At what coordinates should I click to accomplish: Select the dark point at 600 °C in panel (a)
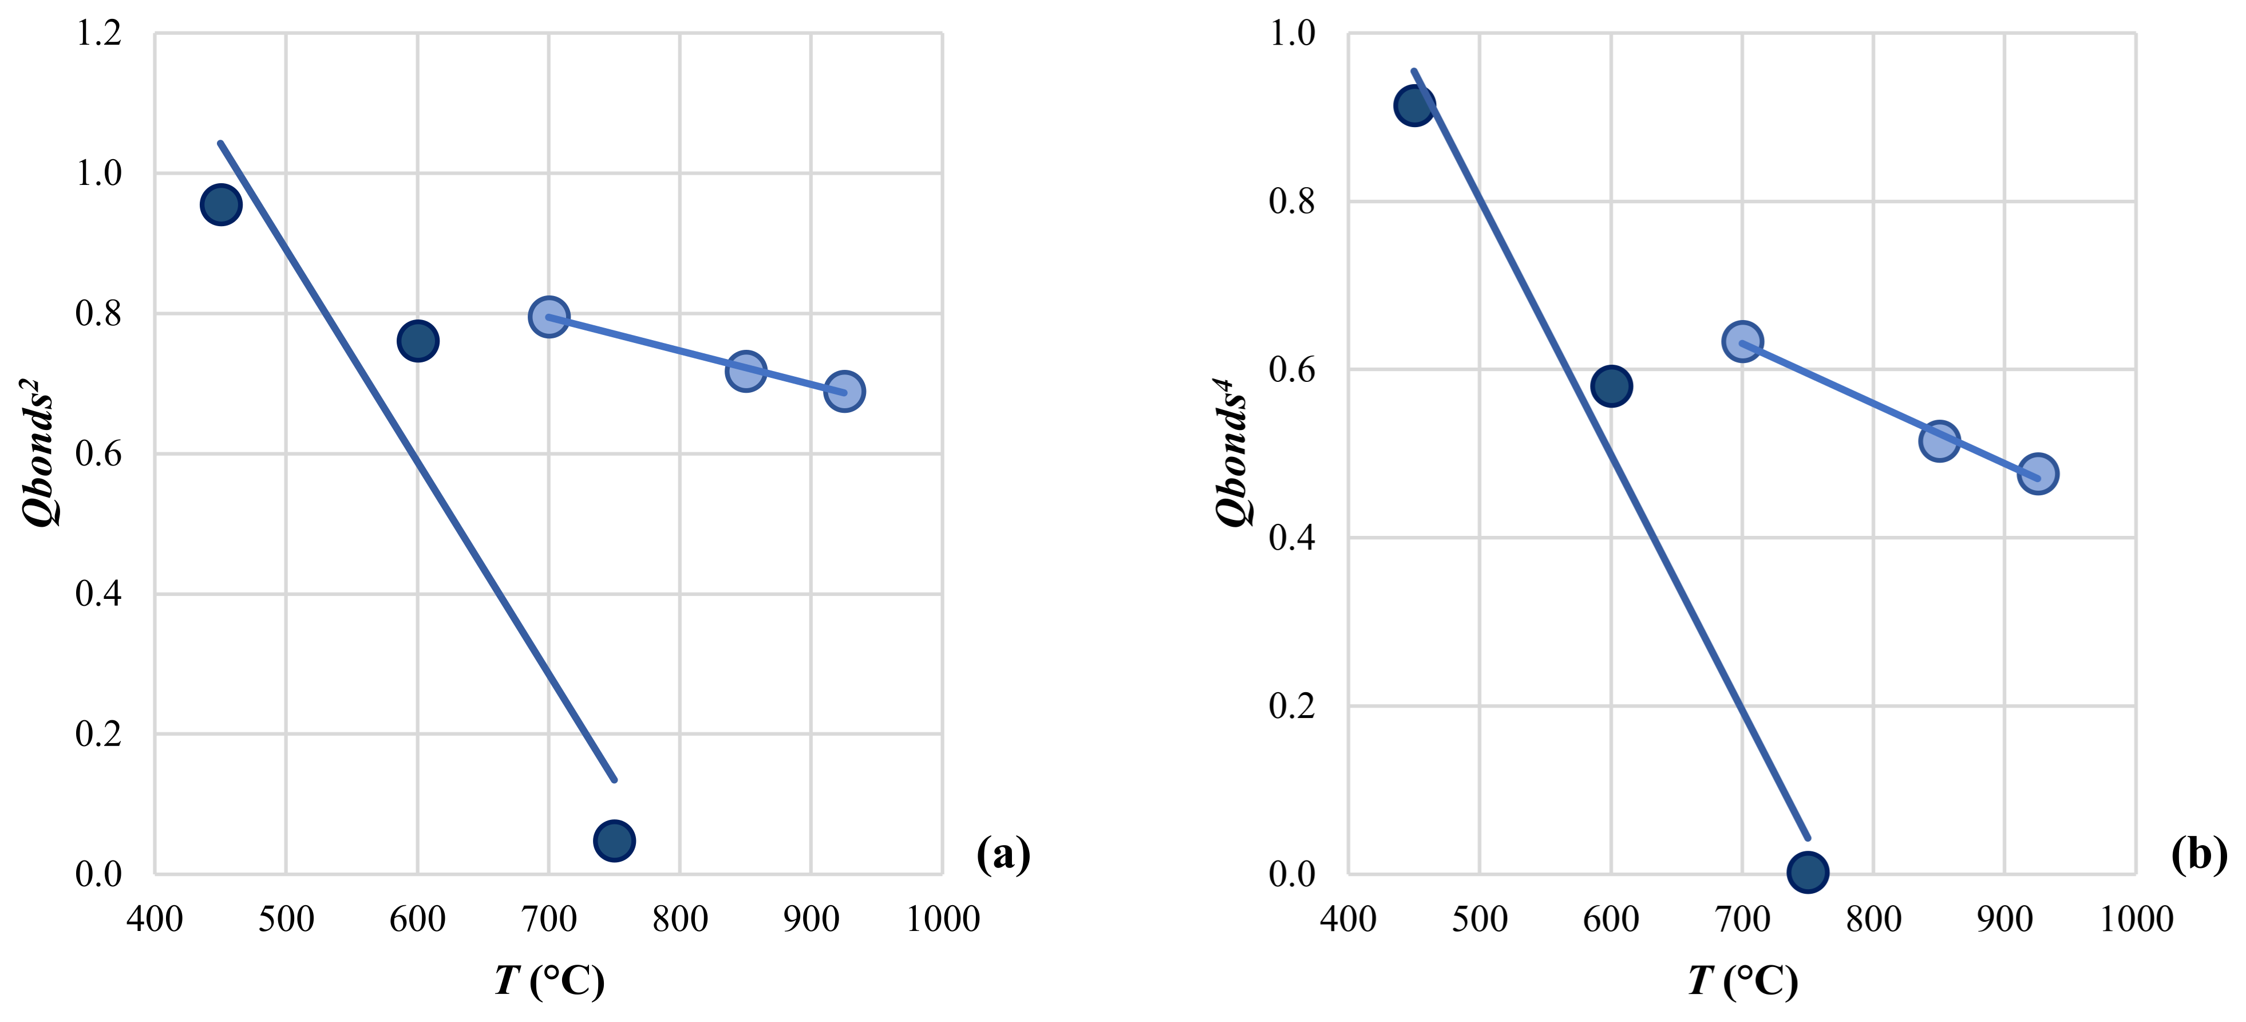[x=418, y=341]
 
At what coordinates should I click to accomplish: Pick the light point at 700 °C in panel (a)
[x=548, y=317]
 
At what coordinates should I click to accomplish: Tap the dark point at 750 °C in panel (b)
[x=1808, y=871]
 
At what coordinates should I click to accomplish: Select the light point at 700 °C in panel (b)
[x=1742, y=341]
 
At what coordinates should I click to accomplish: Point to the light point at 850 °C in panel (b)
[x=1939, y=441]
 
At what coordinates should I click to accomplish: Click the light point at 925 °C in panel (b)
[x=2038, y=473]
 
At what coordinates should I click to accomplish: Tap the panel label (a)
[x=1003, y=855]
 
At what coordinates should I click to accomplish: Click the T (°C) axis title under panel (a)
[x=549, y=981]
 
